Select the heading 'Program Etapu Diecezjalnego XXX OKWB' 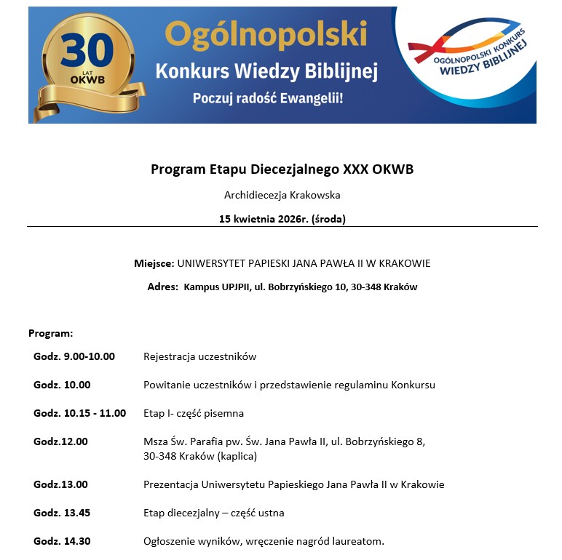point(282,169)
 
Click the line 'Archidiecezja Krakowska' point(282,195)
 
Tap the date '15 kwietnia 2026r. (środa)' point(282,218)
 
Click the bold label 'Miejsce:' point(154,263)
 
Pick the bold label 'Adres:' point(162,287)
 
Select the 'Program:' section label point(51,333)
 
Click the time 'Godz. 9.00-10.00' point(74,356)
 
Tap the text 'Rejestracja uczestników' point(199,356)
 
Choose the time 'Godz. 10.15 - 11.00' point(79,413)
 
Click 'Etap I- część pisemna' point(193,413)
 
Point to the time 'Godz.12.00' point(60,441)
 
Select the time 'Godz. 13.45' point(62,513)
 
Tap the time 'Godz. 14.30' point(62,541)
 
